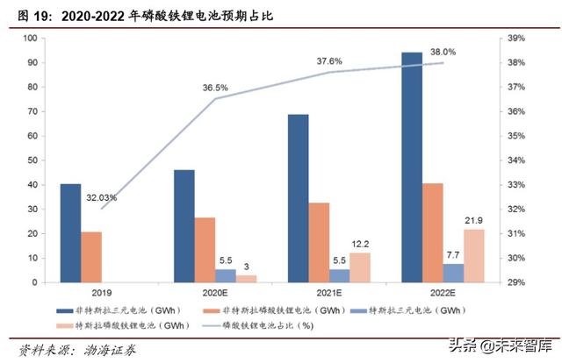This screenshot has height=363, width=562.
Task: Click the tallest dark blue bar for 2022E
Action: pyautogui.click(x=412, y=167)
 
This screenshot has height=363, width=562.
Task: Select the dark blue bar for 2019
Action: pyautogui.click(x=70, y=233)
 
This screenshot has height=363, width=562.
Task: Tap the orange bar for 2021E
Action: pyautogui.click(x=320, y=243)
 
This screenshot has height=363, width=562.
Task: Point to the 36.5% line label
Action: pyautogui.click(x=216, y=88)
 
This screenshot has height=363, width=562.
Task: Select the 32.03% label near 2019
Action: pyautogui.click(x=102, y=198)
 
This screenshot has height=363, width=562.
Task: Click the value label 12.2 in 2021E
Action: pyautogui.click(x=361, y=243)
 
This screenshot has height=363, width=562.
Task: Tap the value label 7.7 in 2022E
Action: pyautogui.click(x=453, y=254)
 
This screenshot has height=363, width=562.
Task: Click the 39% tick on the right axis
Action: pyautogui.click(x=516, y=39)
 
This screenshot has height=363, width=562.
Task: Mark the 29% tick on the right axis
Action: pyautogui.click(x=516, y=283)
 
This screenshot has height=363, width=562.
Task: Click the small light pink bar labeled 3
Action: pyautogui.click(x=247, y=279)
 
